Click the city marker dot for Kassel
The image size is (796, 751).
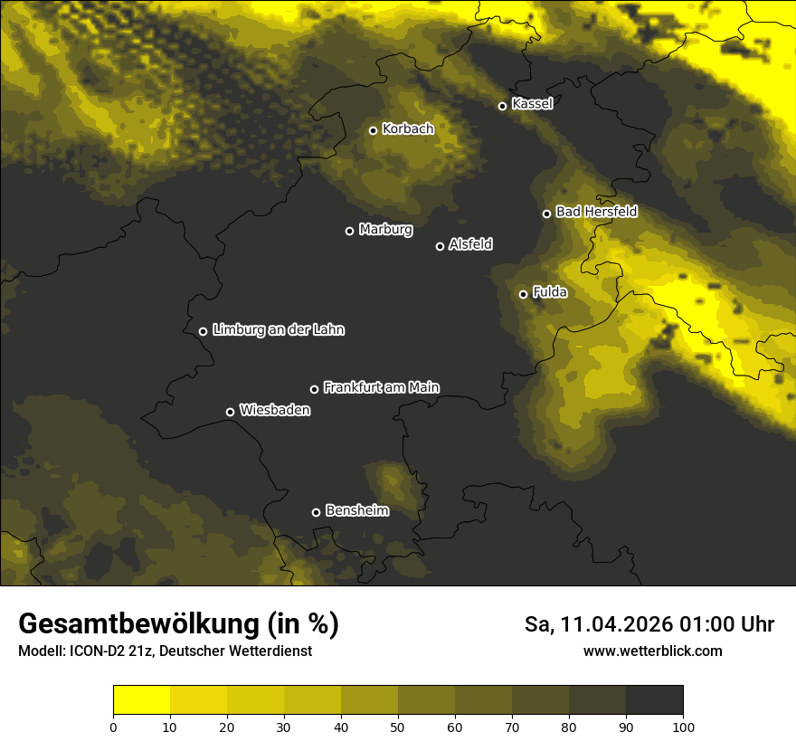pyautogui.click(x=502, y=106)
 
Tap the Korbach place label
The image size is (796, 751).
pyautogui.click(x=408, y=129)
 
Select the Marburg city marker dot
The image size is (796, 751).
pyautogui.click(x=349, y=231)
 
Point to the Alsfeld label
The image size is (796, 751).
pyautogui.click(x=470, y=244)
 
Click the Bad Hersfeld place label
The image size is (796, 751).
pyautogui.click(x=596, y=212)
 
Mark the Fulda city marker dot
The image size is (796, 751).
pyautogui.click(x=523, y=294)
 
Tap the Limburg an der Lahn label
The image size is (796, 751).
pyautogui.click(x=278, y=330)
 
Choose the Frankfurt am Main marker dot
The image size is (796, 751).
pyautogui.click(x=314, y=389)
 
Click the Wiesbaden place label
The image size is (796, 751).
pyautogui.click(x=274, y=411)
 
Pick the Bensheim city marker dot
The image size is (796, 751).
pyautogui.click(x=316, y=512)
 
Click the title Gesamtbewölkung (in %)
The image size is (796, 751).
pyautogui.click(x=178, y=623)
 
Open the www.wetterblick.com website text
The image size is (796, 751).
pyautogui.click(x=652, y=651)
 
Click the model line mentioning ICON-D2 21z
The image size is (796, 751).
pyautogui.click(x=165, y=651)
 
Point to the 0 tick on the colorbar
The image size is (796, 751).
pyautogui.click(x=113, y=727)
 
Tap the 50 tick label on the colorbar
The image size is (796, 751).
pyautogui.click(x=398, y=727)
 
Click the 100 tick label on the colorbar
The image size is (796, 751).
pyautogui.click(x=683, y=727)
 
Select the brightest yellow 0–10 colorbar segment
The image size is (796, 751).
pyautogui.click(x=141, y=699)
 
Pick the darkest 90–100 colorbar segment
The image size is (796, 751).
pyautogui.click(x=654, y=699)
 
